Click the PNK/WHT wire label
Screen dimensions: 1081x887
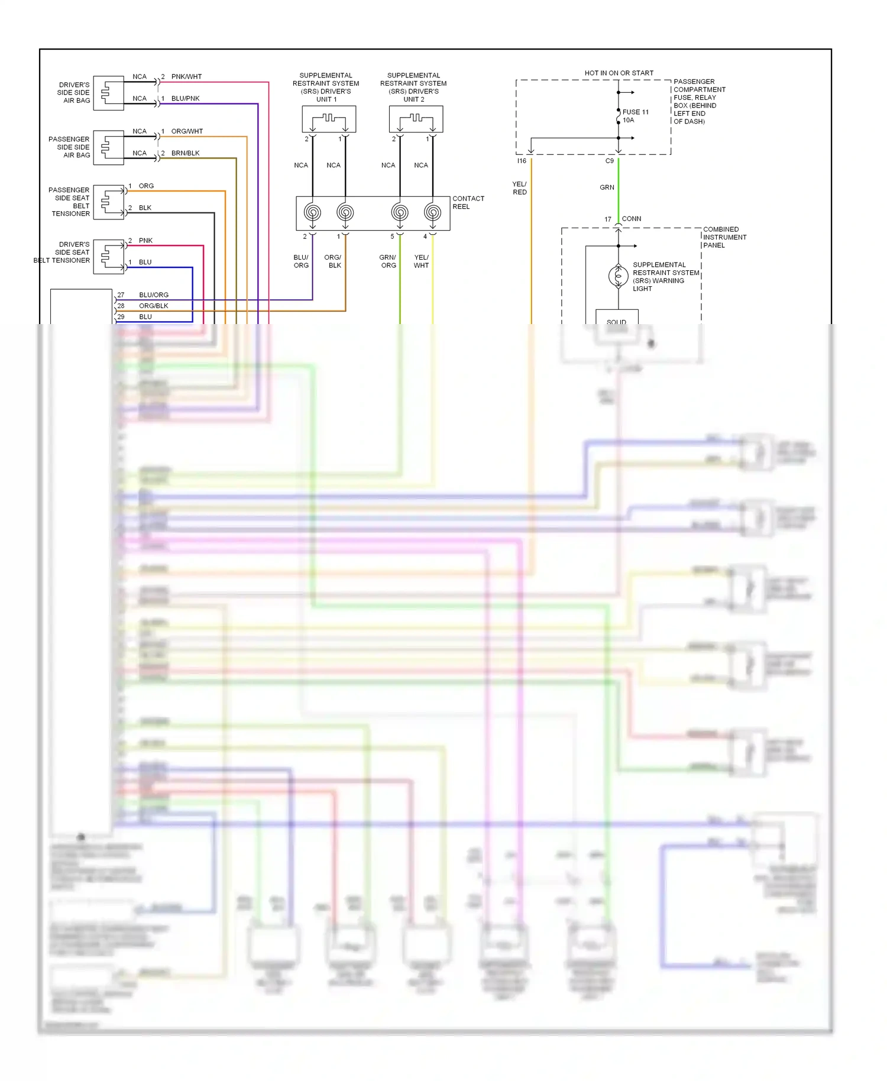pos(186,77)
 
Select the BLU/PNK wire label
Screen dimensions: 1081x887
pos(185,99)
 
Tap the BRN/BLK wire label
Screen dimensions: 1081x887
pos(185,153)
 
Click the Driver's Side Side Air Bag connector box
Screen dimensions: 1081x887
pos(108,93)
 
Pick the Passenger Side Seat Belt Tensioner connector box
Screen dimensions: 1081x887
pos(108,202)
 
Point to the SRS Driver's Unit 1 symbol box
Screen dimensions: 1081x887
pos(329,119)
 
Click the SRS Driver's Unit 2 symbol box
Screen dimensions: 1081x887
pos(416,119)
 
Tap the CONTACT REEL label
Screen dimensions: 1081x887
pos(468,203)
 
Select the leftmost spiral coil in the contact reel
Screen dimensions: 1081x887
pos(312,212)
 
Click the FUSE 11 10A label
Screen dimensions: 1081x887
pos(635,116)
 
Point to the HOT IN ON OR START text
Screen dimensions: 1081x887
pos(619,73)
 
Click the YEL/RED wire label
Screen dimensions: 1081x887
pos(519,188)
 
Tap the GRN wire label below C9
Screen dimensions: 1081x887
pos(607,187)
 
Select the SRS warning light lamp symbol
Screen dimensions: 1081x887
pos(618,276)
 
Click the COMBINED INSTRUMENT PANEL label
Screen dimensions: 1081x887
pos(724,237)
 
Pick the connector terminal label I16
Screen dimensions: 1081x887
pos(522,161)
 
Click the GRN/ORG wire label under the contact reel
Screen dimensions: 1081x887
pos(388,261)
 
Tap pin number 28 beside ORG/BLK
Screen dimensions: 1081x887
pos(121,306)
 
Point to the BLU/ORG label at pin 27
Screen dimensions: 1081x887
pos(154,295)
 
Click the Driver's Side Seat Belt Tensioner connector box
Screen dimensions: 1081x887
pos(108,256)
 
